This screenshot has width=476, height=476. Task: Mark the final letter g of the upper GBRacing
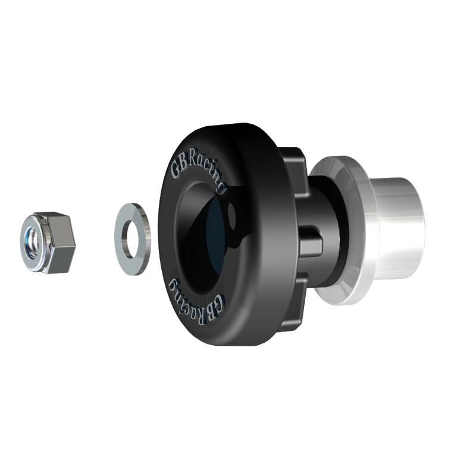tap(221, 189)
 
